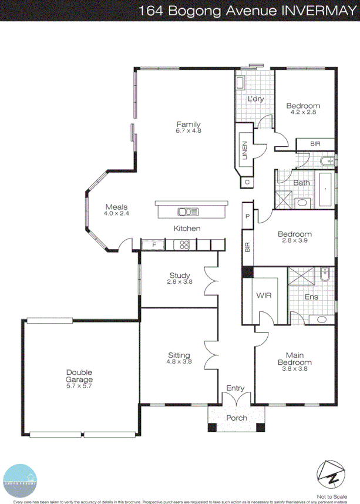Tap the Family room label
click(188, 124)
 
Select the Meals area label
click(116, 207)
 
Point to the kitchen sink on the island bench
click(189, 211)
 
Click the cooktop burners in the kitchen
click(184, 244)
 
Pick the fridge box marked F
click(154, 244)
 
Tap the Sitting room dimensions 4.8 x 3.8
click(179, 362)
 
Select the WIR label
click(263, 296)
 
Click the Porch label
click(237, 418)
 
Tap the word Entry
click(235, 388)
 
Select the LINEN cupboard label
click(244, 149)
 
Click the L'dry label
click(255, 99)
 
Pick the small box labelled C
click(247, 182)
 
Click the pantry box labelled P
click(247, 216)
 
